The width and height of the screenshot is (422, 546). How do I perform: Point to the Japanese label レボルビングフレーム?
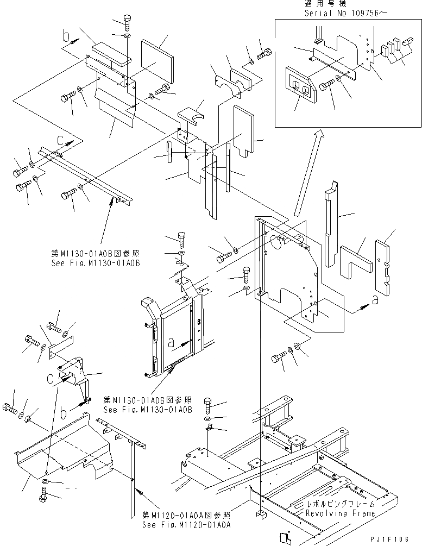[340, 505]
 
